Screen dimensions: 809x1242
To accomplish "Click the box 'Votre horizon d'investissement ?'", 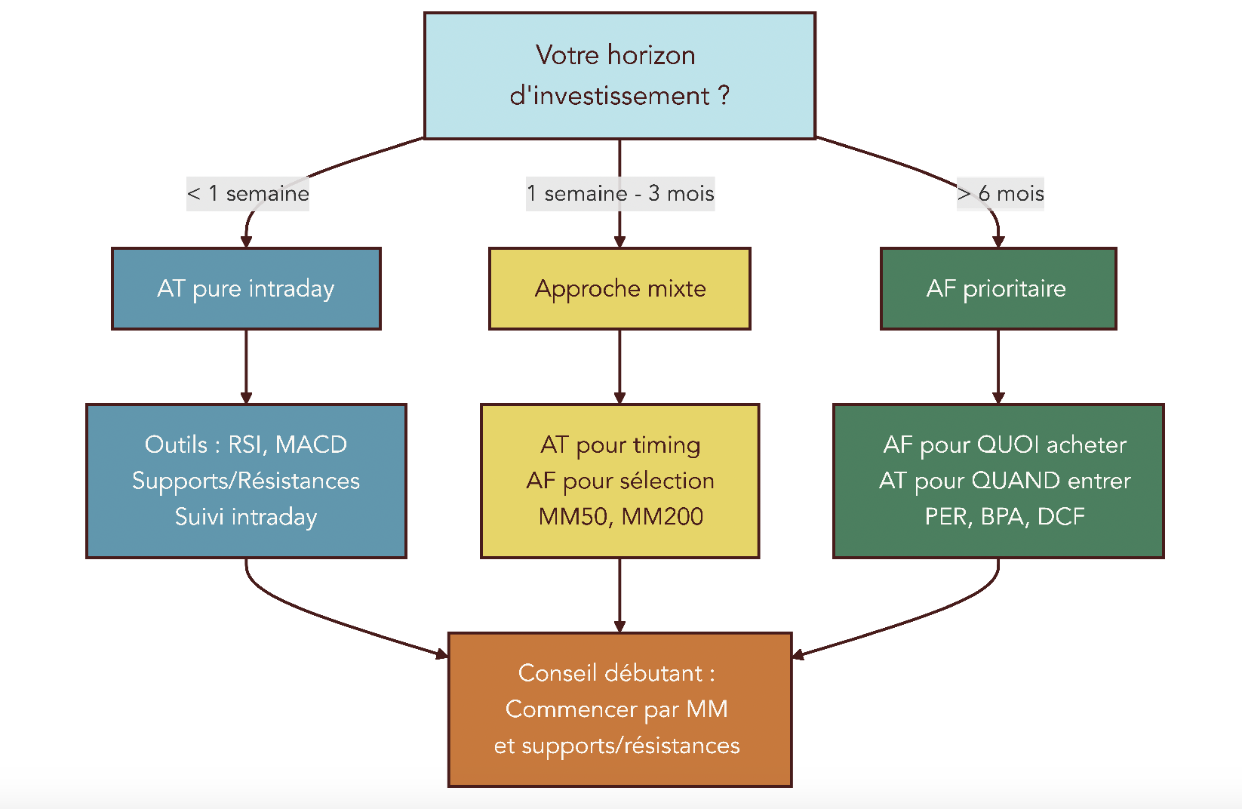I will (619, 75).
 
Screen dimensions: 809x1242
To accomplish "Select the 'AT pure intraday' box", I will (246, 288).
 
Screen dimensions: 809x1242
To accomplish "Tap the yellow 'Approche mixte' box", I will (619, 288).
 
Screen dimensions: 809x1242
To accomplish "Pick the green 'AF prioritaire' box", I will (998, 288).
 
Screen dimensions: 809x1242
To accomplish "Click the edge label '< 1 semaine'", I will (247, 194).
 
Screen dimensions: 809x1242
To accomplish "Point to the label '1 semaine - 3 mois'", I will (620, 194).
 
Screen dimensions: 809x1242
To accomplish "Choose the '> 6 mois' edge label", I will (1001, 194).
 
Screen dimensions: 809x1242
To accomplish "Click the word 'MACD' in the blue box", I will (311, 444).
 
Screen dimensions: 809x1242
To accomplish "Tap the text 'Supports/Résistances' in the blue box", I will (246, 481).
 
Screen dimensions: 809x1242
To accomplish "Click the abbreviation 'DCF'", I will (1061, 517).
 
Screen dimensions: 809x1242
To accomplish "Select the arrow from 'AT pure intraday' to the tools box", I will (246, 366).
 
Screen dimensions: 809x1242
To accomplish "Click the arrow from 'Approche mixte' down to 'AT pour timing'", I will (619, 366).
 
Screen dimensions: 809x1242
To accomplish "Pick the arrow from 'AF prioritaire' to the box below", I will (998, 366).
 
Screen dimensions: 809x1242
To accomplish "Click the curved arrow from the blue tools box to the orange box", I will (317, 615).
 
